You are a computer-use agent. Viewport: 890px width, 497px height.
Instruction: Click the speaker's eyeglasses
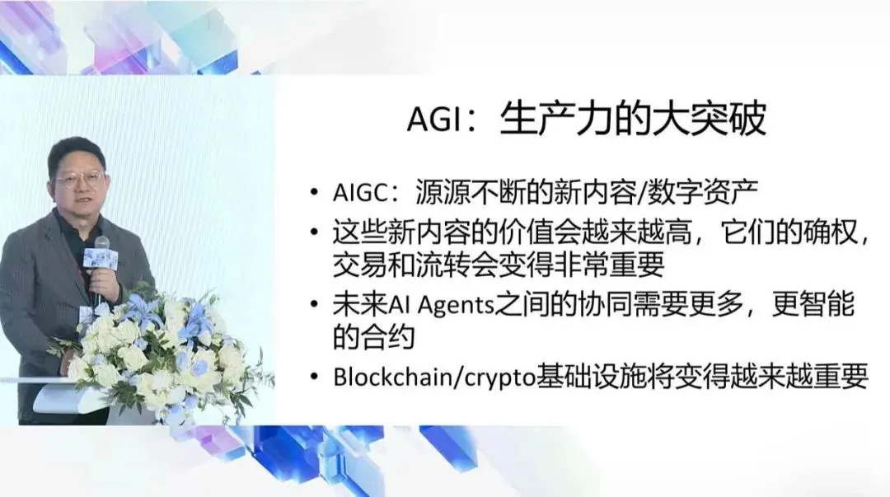point(79,178)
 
